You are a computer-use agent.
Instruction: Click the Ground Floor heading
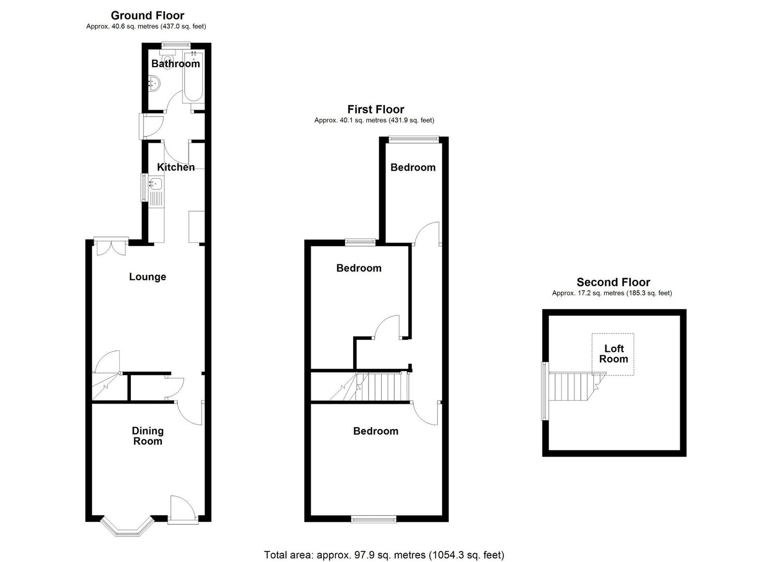147,15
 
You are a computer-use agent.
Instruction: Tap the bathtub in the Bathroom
194,77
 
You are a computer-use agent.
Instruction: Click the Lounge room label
148,277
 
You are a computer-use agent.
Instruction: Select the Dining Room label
148,436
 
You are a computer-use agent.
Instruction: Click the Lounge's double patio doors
111,246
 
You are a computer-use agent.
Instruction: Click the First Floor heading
375,109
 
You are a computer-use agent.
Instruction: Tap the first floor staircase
369,386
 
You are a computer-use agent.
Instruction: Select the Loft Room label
614,354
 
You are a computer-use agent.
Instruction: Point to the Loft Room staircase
577,386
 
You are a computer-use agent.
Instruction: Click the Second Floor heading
613,282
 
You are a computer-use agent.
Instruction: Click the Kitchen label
176,167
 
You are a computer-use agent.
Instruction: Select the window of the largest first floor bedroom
374,519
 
